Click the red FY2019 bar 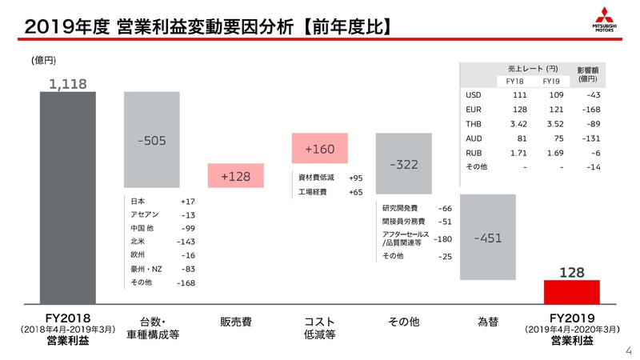[x=571, y=291]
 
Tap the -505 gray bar [x=151, y=141]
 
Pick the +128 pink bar [x=235, y=176]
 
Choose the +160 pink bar [x=319, y=149]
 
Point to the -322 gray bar [x=404, y=164]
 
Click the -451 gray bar [x=487, y=238]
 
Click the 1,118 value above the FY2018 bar [x=67, y=83]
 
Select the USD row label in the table [x=473, y=95]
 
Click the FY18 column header [x=515, y=81]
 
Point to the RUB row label [x=473, y=152]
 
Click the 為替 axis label [x=487, y=322]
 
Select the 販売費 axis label [x=235, y=322]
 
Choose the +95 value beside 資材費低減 [x=355, y=178]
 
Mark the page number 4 [x=628, y=350]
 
